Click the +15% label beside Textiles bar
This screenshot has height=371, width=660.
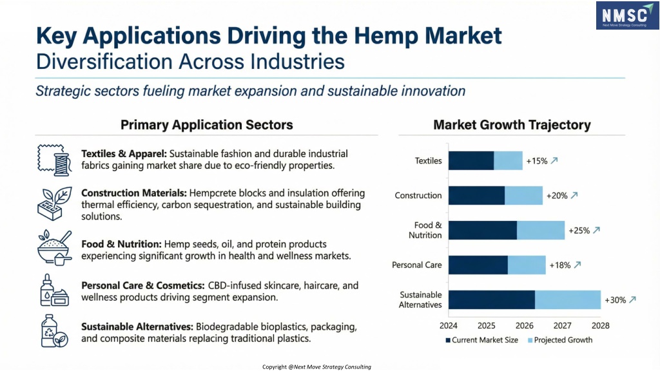point(537,160)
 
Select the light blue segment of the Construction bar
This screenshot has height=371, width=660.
point(523,195)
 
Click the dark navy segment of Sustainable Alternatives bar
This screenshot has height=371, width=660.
point(491,300)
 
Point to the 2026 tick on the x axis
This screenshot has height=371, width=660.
point(524,325)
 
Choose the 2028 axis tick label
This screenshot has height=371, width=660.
point(600,325)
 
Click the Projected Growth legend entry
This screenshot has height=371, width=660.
point(559,339)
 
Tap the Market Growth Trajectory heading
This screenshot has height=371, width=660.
point(512,125)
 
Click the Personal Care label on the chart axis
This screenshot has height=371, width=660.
point(416,265)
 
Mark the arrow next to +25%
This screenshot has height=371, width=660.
point(596,230)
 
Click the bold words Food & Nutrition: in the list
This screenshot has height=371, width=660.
point(121,244)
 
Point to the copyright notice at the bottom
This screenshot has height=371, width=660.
point(316,366)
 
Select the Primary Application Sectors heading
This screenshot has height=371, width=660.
point(206,125)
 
